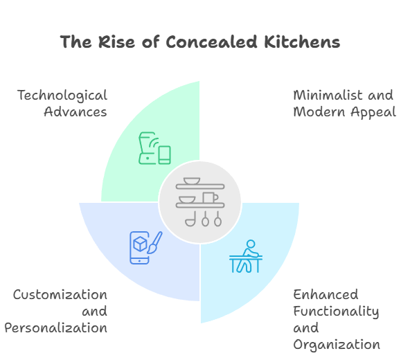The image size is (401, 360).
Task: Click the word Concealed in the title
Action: click(x=211, y=42)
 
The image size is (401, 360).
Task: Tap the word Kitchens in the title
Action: click(x=302, y=42)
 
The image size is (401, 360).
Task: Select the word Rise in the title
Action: click(x=116, y=42)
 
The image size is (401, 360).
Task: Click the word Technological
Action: click(x=62, y=96)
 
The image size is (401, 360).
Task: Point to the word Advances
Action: click(x=75, y=111)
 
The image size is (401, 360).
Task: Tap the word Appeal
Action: click(x=373, y=112)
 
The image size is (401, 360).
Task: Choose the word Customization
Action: click(x=60, y=295)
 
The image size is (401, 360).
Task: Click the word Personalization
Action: click(x=55, y=328)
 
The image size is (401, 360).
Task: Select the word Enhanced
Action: click(x=326, y=294)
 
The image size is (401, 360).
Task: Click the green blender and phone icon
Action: click(x=154, y=148)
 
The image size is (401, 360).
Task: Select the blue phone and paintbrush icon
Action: click(x=145, y=248)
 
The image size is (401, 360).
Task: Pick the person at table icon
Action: click(x=246, y=256)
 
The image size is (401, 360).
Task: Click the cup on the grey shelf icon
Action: click(x=211, y=197)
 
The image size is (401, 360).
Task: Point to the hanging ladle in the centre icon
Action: click(x=190, y=219)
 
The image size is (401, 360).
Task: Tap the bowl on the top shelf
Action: click(x=192, y=181)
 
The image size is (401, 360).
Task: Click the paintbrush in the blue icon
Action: click(x=155, y=242)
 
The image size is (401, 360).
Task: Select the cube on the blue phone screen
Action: click(x=140, y=244)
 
